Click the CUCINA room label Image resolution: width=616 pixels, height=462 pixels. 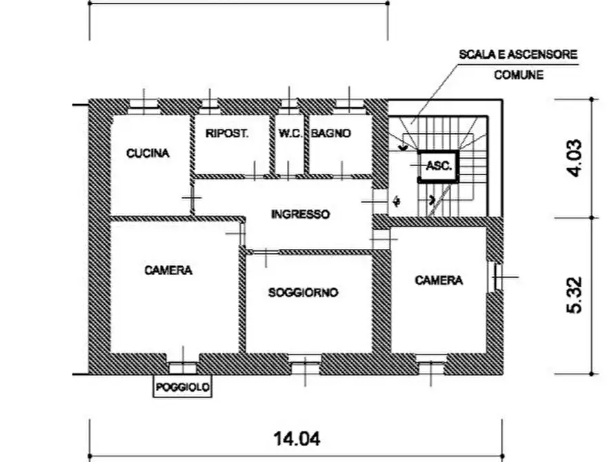148,154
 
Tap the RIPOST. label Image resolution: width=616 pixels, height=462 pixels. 227,134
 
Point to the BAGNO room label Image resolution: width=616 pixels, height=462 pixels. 331,134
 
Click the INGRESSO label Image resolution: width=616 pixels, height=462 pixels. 300,214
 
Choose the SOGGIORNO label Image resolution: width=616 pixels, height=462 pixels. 304,293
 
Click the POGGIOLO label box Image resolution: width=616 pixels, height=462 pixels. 183,388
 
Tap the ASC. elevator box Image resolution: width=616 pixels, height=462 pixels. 439,165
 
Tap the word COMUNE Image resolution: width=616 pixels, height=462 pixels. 519,74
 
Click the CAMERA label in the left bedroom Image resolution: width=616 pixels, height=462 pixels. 168,271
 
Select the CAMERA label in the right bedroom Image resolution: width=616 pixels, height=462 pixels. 439,280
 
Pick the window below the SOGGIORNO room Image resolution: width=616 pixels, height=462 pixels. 304,361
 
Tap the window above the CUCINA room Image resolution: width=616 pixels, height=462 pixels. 144,105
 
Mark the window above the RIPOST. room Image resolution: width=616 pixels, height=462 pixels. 210,105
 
